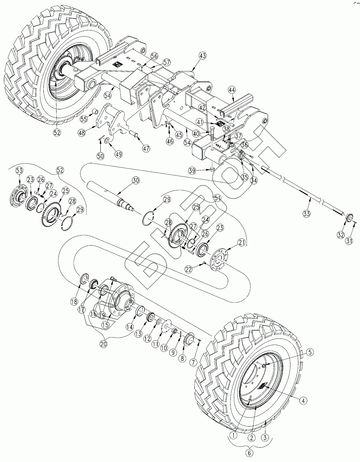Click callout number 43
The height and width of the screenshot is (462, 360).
203,56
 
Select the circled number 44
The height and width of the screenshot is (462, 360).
232,90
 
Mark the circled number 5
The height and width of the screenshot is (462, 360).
310,352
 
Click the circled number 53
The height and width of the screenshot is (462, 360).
19,171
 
